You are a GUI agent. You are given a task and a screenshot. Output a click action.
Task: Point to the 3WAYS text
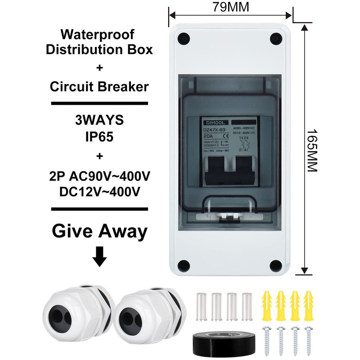[x=99, y=121]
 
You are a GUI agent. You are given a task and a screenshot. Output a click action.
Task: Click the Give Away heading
[x=99, y=231]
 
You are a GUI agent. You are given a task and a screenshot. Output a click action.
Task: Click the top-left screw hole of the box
[x=183, y=38]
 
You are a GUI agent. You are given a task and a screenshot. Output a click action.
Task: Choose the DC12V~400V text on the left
[x=99, y=191]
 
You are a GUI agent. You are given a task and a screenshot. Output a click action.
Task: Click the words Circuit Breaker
[x=99, y=86]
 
